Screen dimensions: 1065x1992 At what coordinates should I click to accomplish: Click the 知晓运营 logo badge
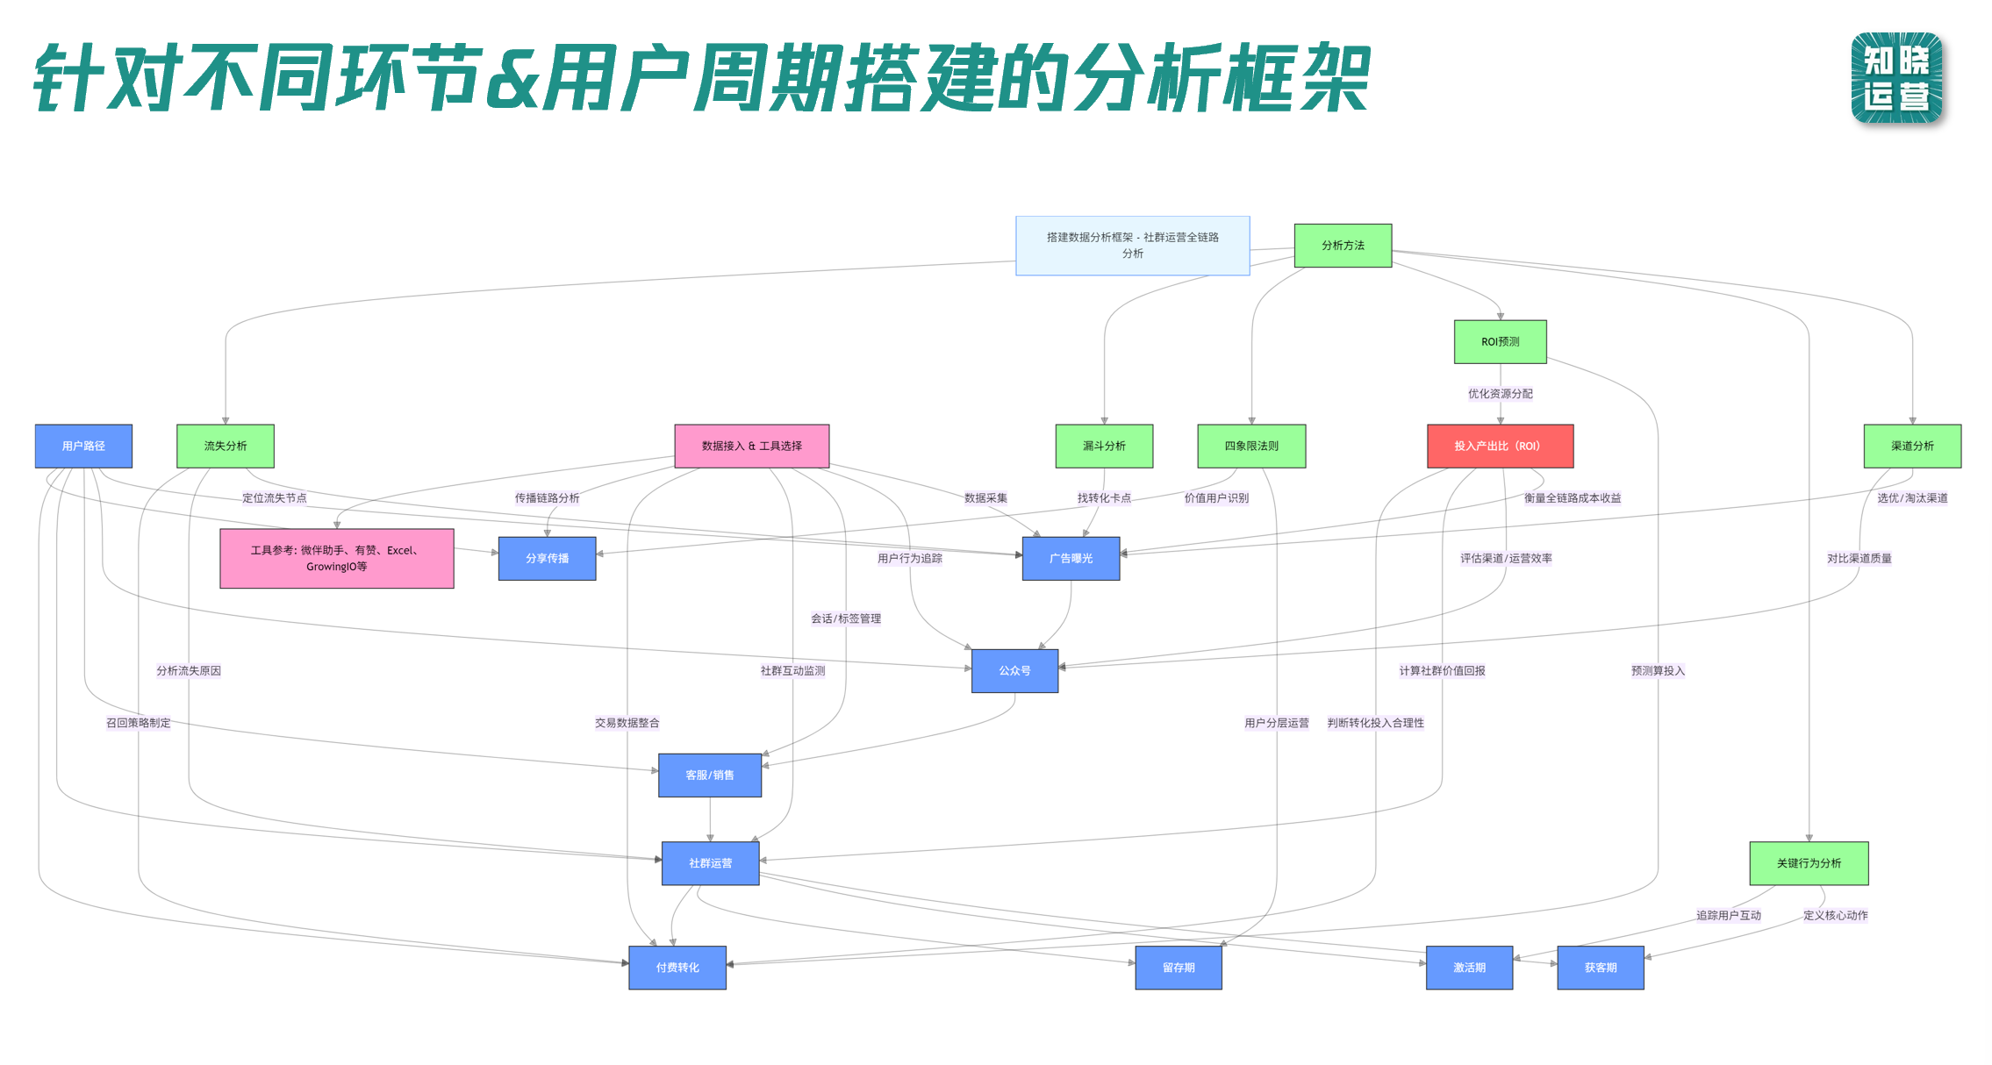pyautogui.click(x=1896, y=78)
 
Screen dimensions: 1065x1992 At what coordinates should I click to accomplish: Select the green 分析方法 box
pyautogui.click(x=1343, y=246)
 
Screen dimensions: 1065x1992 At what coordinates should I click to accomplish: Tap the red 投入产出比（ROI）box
pyautogui.click(x=1500, y=446)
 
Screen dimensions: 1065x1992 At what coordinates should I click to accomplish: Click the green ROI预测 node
pyautogui.click(x=1500, y=341)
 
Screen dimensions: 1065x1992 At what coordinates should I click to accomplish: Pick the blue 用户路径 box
pyautogui.click(x=83, y=446)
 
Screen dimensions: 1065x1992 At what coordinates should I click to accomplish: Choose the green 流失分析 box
pyautogui.click(x=226, y=446)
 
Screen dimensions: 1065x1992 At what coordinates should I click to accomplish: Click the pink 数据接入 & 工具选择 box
pyautogui.click(x=751, y=446)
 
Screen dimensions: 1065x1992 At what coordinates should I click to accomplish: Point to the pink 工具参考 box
pyautogui.click(x=337, y=558)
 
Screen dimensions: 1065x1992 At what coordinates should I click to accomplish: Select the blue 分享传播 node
pyautogui.click(x=547, y=558)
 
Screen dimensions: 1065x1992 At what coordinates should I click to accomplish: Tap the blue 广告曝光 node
pyautogui.click(x=1071, y=558)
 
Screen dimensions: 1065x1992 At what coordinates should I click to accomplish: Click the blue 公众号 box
pyautogui.click(x=1014, y=670)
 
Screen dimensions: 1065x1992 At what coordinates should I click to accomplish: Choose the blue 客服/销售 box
pyautogui.click(x=710, y=775)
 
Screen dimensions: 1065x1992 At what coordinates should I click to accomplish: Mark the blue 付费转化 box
pyautogui.click(x=677, y=968)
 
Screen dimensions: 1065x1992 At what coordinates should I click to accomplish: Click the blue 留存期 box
pyautogui.click(x=1179, y=968)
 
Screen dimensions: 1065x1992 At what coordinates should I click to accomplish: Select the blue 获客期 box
pyautogui.click(x=1601, y=968)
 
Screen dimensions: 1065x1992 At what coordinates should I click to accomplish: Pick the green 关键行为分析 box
pyautogui.click(x=1809, y=863)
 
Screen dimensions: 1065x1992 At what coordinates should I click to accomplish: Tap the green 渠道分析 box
pyautogui.click(x=1912, y=446)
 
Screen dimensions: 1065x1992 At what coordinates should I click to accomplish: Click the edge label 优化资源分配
pyautogui.click(x=1500, y=394)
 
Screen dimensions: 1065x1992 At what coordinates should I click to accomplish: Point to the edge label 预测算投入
pyautogui.click(x=1658, y=671)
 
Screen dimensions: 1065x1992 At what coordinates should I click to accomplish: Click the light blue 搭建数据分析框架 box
pyautogui.click(x=1132, y=246)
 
